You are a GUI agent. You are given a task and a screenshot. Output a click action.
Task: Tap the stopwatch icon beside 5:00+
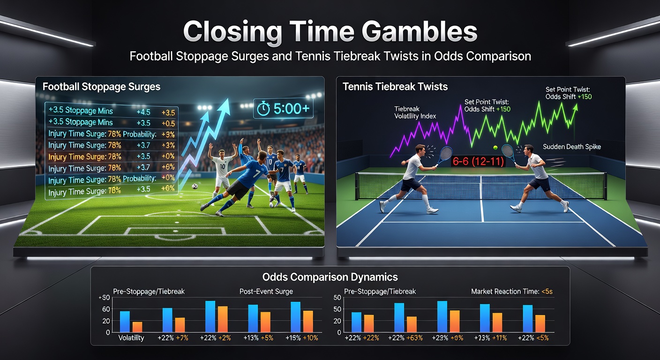(x=264, y=109)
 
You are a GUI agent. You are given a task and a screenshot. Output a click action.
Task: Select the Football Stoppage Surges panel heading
(x=101, y=87)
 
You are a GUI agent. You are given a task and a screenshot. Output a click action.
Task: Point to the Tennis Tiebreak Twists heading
(x=395, y=87)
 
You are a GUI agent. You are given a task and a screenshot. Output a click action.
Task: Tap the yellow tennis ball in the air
(x=495, y=147)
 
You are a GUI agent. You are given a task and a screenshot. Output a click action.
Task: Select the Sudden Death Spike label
(x=571, y=147)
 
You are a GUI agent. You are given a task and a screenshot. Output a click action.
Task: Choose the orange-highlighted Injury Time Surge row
(x=85, y=157)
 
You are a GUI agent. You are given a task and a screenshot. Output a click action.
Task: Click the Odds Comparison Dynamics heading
(x=330, y=277)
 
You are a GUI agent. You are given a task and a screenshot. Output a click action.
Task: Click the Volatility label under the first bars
(x=131, y=338)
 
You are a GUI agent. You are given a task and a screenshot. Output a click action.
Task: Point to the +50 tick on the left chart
(x=105, y=299)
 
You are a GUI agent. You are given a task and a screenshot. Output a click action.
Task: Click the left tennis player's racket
(x=446, y=153)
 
